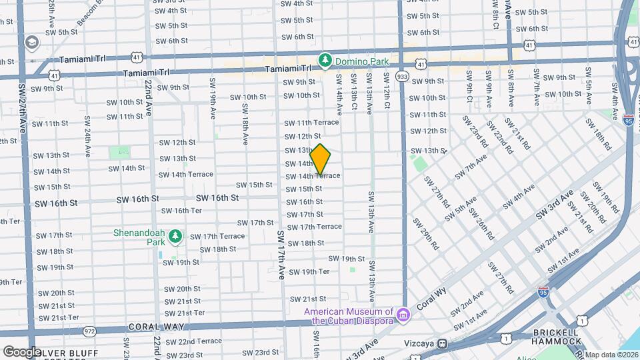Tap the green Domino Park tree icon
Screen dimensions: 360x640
325,61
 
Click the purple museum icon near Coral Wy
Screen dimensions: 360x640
403,314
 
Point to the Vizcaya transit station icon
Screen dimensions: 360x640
442,344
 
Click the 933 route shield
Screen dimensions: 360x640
402,77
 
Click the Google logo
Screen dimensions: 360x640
22,351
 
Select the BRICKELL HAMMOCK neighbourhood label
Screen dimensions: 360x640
555,337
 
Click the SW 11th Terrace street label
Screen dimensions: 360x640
311,123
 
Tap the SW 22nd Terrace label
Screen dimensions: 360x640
190,341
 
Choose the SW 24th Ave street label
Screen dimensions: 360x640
87,133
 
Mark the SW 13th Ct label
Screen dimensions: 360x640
354,97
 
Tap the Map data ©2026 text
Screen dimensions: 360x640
611,355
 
